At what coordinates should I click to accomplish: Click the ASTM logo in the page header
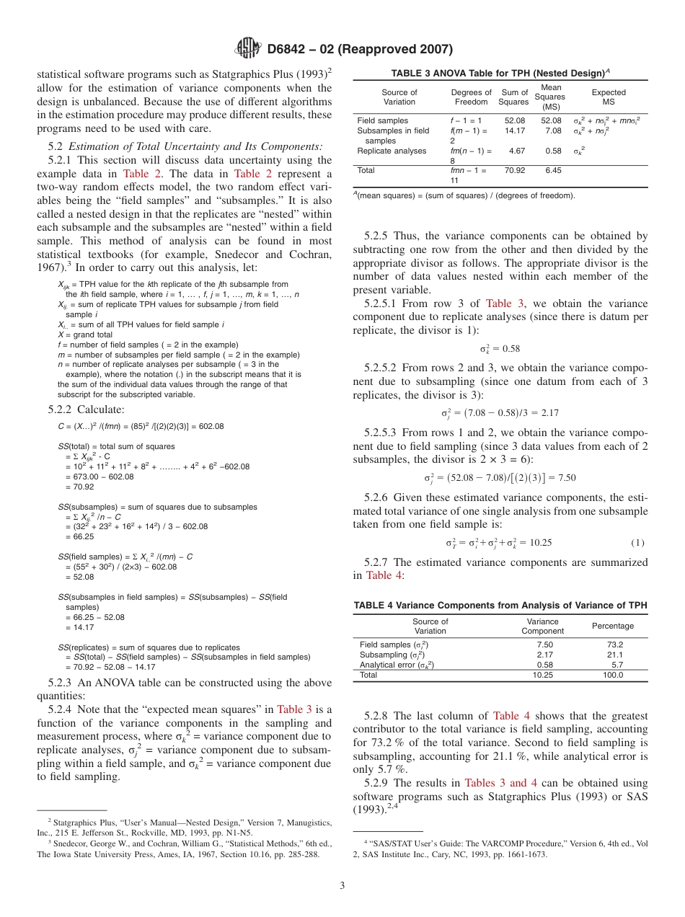(x=248, y=49)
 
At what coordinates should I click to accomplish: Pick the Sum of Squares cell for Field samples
(x=514, y=121)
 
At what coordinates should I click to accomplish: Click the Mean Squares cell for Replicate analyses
(x=553, y=151)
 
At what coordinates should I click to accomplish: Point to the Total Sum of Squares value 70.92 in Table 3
(x=514, y=171)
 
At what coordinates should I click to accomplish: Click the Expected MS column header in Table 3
(x=609, y=97)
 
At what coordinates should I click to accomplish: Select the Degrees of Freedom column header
(x=471, y=97)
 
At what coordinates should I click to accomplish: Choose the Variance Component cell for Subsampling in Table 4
(x=544, y=655)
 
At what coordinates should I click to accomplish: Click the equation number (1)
(x=637, y=543)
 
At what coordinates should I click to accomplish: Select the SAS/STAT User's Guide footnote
(x=500, y=848)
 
